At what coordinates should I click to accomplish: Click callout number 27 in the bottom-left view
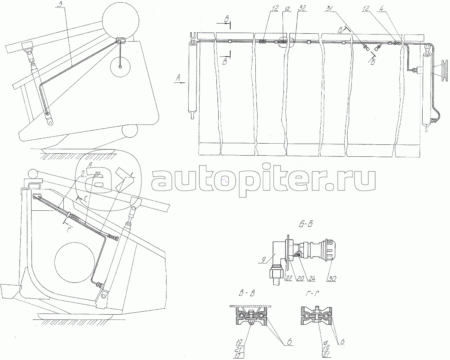(97, 174)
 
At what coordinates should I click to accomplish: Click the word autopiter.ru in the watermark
(262, 181)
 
